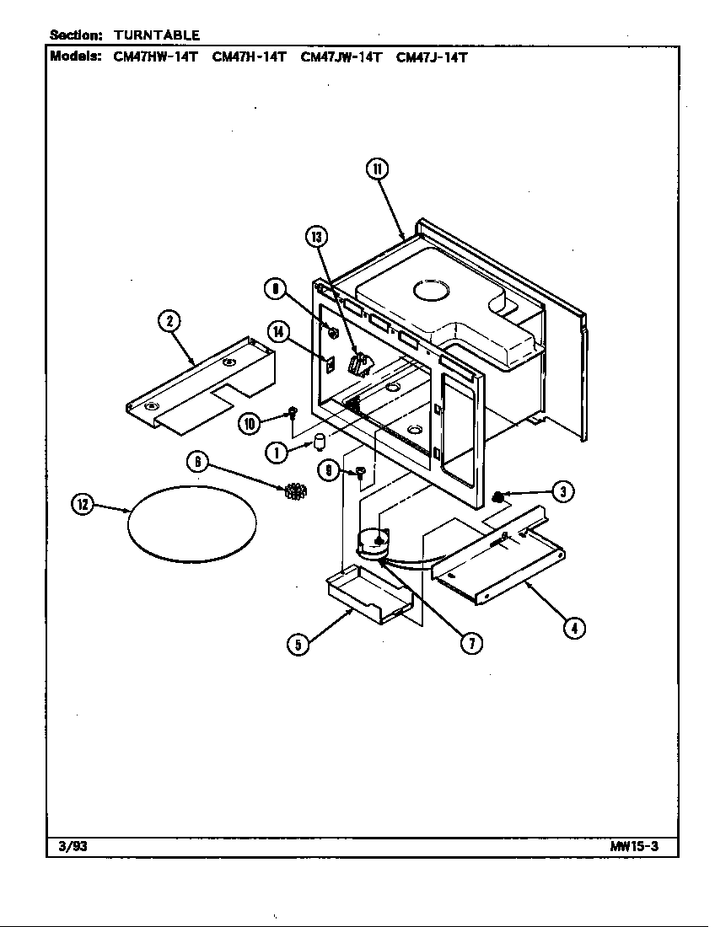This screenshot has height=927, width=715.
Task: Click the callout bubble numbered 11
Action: coord(376,169)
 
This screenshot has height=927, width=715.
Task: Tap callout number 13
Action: coord(317,237)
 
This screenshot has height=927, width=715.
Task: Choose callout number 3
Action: coord(563,490)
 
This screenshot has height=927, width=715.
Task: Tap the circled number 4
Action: coord(574,627)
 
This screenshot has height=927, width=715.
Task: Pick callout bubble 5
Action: coord(297,646)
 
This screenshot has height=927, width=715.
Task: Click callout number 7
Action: coord(470,642)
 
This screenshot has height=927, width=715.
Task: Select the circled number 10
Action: coord(249,424)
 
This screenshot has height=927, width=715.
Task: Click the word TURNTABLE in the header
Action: coord(157,35)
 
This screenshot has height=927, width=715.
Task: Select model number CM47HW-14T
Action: coord(156,57)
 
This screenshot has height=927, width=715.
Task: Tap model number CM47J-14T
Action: coord(432,57)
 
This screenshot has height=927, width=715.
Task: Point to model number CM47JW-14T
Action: coord(341,57)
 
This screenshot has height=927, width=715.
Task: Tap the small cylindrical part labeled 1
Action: coord(320,443)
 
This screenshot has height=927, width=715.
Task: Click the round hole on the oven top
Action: coord(432,292)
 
